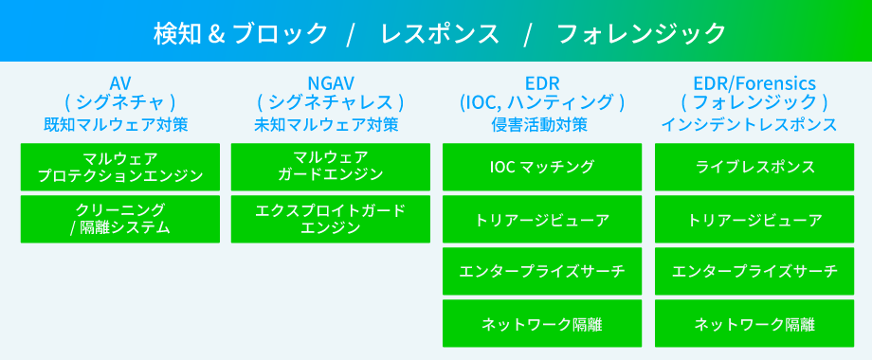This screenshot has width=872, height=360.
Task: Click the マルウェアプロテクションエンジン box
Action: tap(119, 166)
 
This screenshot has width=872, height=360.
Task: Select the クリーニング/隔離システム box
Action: tap(119, 218)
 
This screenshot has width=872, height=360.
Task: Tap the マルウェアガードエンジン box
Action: tap(331, 166)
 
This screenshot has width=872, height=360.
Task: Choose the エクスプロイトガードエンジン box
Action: tap(331, 218)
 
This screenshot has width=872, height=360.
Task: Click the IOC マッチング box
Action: tap(542, 167)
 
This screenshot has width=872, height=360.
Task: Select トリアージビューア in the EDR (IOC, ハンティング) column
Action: tap(542, 220)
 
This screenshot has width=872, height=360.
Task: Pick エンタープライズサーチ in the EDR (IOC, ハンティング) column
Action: tap(542, 272)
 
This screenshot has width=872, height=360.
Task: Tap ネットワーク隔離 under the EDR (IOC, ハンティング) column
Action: tap(542, 324)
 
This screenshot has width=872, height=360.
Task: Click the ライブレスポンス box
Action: tap(754, 167)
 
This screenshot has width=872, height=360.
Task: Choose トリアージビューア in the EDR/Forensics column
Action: tap(754, 220)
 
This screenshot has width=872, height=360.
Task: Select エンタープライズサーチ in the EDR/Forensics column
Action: tap(754, 272)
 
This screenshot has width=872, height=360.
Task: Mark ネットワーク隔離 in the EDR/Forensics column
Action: tap(754, 324)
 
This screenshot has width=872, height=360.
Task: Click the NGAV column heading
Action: tap(330, 82)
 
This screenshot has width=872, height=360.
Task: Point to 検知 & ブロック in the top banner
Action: tap(241, 33)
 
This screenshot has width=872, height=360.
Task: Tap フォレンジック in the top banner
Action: tap(642, 33)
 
